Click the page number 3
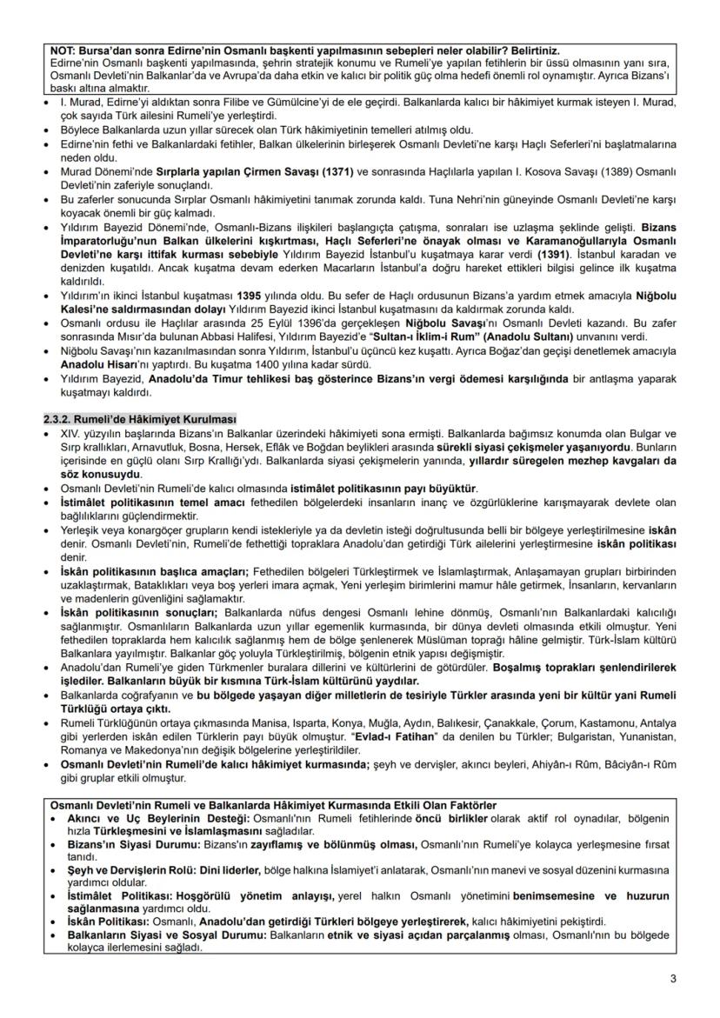pyautogui.click(x=672, y=979)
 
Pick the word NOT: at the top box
pyautogui.click(x=65, y=51)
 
